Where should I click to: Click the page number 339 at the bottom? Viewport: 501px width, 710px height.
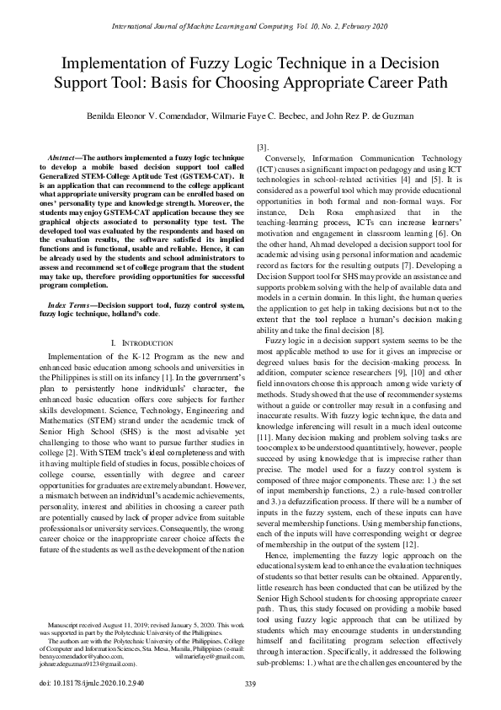pos(249,684)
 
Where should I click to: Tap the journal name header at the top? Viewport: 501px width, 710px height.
pos(250,28)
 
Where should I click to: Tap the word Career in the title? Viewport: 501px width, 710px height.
pos(386,83)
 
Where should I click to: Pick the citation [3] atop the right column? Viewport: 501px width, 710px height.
pos(262,147)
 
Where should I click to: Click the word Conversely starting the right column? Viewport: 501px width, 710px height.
pos(287,159)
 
